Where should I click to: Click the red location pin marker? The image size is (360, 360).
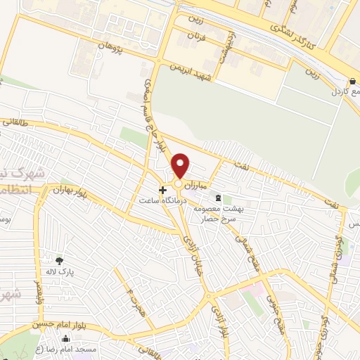181,166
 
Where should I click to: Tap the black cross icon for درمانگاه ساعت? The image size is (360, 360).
163,190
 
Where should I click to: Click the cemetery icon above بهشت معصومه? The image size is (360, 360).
218,198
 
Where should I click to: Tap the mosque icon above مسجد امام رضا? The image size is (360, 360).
65,340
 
